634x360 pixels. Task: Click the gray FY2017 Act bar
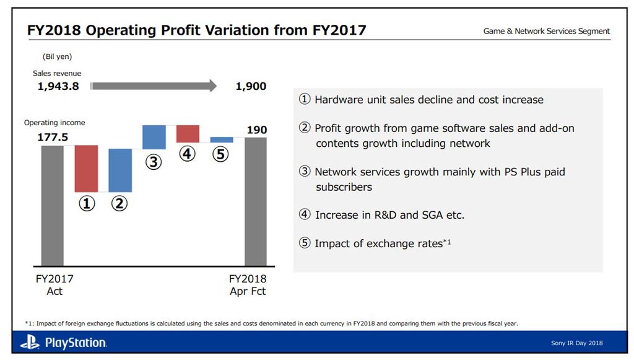click(x=53, y=206)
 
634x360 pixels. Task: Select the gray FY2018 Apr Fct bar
click(x=256, y=201)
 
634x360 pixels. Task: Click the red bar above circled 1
click(x=87, y=169)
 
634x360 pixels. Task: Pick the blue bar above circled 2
click(x=120, y=170)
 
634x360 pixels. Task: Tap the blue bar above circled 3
click(x=154, y=137)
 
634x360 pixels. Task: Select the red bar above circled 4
click(x=188, y=134)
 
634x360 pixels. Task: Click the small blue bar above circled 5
click(x=222, y=140)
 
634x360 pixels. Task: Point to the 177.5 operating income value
click(x=53, y=138)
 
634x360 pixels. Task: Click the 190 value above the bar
click(x=256, y=130)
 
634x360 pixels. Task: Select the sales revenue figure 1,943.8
click(x=58, y=87)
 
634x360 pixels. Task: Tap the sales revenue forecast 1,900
click(x=251, y=87)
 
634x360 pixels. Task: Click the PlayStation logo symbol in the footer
click(x=29, y=342)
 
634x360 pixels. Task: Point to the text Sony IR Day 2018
click(x=576, y=343)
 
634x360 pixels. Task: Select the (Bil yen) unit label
click(x=57, y=56)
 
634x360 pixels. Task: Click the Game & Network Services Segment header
click(x=546, y=31)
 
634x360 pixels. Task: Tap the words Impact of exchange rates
click(x=378, y=244)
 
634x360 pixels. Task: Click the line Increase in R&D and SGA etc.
click(x=389, y=215)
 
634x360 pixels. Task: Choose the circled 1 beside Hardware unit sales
click(x=305, y=100)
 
